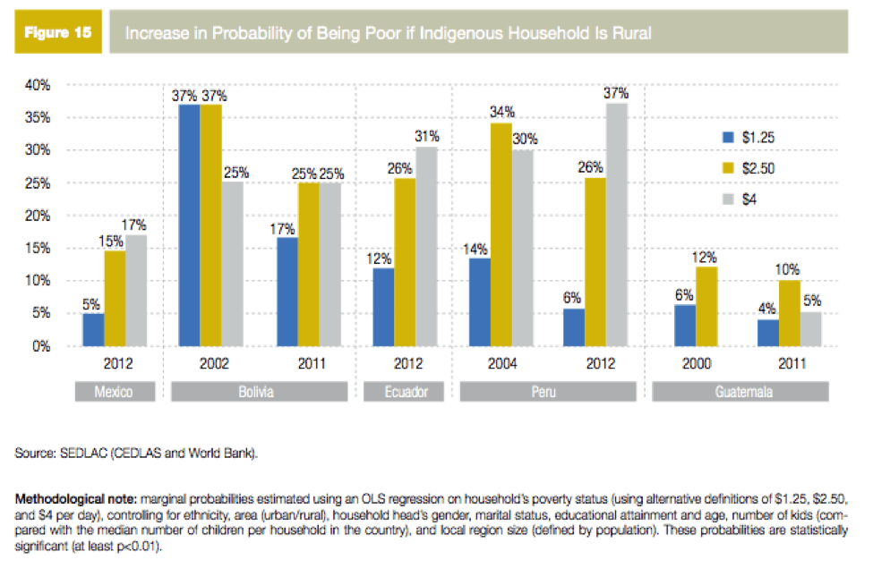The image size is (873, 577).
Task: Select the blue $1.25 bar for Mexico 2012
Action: click(94, 329)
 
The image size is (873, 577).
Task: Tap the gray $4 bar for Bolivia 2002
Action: click(232, 264)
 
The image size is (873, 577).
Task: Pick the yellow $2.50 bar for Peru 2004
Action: click(501, 234)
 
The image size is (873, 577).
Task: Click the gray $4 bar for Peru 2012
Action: click(617, 225)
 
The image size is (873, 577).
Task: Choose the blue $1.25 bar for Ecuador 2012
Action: click(383, 307)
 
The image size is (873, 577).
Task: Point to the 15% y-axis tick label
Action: click(37, 249)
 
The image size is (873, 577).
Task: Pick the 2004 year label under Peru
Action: click(500, 365)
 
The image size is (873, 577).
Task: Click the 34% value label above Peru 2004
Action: click(501, 113)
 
